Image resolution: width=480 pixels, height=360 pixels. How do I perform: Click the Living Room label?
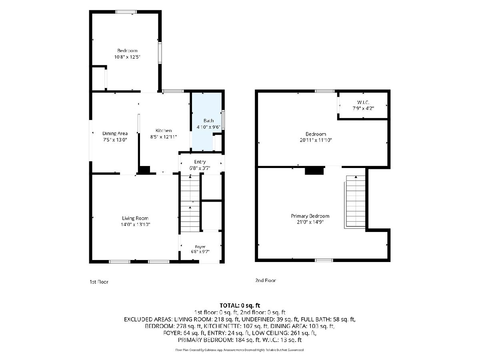(x=135, y=218)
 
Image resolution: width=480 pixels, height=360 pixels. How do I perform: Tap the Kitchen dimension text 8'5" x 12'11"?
(x=163, y=137)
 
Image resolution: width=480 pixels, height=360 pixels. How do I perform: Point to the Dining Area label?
(x=115, y=133)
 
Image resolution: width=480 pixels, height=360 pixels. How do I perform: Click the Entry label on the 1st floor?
(x=200, y=162)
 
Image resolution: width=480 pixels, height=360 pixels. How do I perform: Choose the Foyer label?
(x=200, y=247)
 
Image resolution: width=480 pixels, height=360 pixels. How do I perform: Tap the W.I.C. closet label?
(x=363, y=102)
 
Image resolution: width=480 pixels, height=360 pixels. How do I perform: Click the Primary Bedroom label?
(x=310, y=216)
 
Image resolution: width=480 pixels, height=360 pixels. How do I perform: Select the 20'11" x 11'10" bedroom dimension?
(x=316, y=140)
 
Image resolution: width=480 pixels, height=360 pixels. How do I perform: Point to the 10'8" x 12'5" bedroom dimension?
(x=127, y=57)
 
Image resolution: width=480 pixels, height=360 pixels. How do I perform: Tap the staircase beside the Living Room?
(x=190, y=203)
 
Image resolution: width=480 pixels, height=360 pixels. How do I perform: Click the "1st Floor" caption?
(x=99, y=282)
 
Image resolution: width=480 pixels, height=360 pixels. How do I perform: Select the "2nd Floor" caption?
(x=266, y=280)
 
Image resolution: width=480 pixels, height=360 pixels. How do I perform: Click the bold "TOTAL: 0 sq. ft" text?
(x=240, y=305)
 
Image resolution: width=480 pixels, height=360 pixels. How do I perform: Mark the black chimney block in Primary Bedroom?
(x=314, y=170)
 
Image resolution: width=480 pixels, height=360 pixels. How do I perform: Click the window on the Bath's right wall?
(x=223, y=120)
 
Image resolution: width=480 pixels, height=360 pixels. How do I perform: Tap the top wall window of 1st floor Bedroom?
(x=126, y=12)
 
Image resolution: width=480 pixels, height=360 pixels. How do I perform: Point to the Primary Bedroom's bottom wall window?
(x=324, y=260)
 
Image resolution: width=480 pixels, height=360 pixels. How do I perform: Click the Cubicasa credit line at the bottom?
(x=240, y=350)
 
